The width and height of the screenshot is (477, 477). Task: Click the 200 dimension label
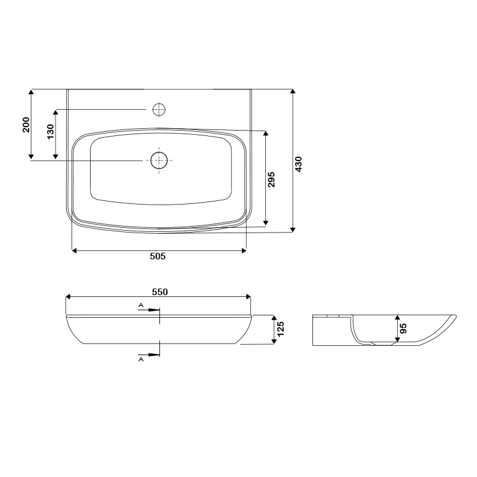point(26,125)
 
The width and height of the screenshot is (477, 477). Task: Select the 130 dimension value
point(51,132)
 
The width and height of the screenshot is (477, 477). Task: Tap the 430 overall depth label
point(299,165)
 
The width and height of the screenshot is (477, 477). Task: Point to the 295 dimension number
point(271,179)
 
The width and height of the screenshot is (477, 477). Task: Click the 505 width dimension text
point(157,256)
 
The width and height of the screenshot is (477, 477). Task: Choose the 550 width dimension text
point(160,292)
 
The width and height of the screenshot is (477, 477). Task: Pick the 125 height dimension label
point(280,329)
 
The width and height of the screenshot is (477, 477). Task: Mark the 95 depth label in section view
point(404,329)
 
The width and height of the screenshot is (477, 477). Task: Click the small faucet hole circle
point(159,110)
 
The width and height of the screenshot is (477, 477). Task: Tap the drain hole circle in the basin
point(159,160)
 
